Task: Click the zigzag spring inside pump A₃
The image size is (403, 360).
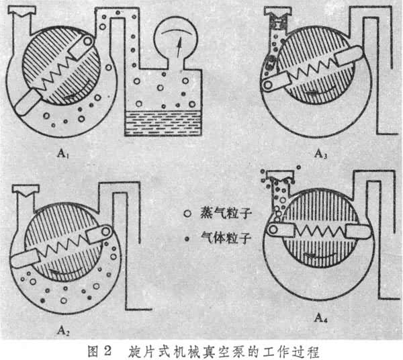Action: (x=314, y=71)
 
